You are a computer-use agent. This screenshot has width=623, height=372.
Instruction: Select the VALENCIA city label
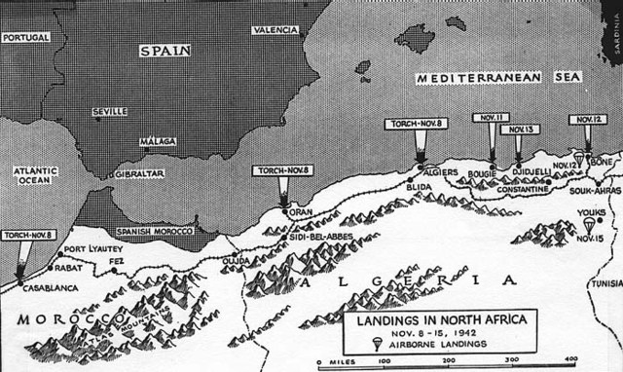(x=274, y=30)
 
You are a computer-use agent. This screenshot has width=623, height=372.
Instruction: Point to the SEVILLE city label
(x=108, y=112)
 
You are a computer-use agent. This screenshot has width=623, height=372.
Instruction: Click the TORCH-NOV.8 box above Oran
(x=281, y=170)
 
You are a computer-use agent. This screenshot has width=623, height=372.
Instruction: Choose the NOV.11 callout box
(x=490, y=117)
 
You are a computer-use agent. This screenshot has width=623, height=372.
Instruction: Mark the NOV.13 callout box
(x=518, y=129)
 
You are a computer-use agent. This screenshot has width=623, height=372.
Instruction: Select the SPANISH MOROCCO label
(x=152, y=231)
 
